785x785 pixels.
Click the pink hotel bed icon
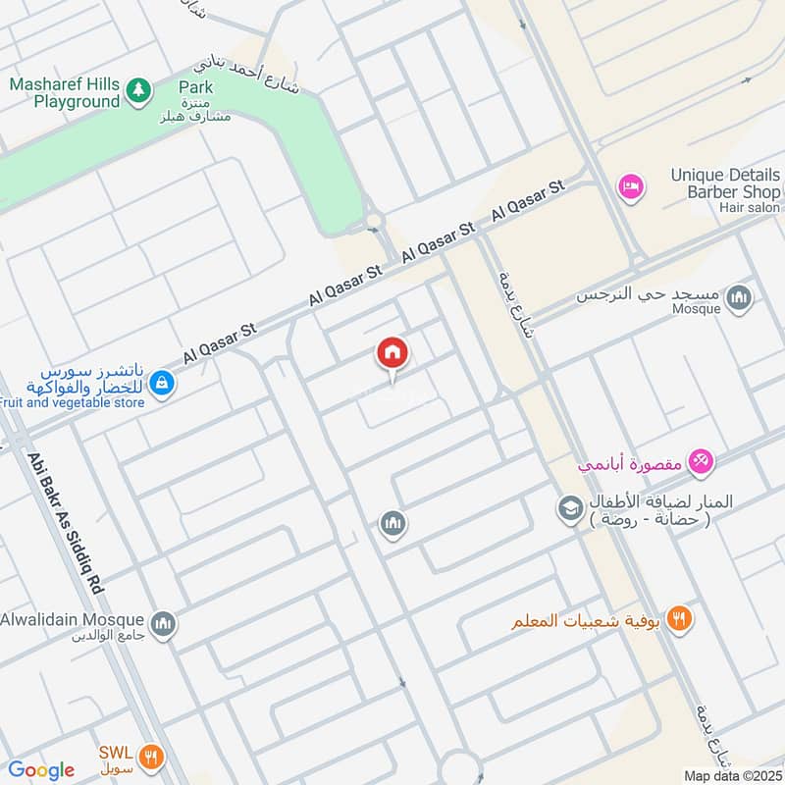coord(629,184)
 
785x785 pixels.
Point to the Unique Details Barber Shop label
coord(725,183)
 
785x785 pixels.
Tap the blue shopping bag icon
coord(165,386)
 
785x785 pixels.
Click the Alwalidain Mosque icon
coord(164,622)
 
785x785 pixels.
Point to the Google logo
coord(41,770)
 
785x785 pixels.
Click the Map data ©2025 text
coord(730,775)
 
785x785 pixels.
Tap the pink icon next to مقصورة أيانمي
coord(700,459)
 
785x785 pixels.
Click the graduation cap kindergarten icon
coord(569,508)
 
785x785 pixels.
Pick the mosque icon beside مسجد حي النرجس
coord(740,296)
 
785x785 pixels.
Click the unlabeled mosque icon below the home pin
coord(392,524)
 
